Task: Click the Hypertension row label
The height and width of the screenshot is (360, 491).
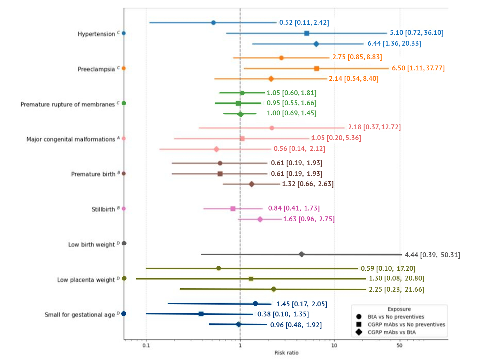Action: point(96,34)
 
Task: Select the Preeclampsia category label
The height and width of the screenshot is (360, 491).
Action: point(96,69)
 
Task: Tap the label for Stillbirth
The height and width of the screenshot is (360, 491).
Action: point(103,209)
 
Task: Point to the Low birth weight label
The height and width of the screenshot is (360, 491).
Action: point(91,244)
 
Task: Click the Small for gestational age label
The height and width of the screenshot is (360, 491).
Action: point(80,315)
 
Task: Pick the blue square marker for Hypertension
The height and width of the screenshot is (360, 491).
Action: point(307,33)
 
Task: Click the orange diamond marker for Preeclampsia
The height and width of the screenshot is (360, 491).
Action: point(271,79)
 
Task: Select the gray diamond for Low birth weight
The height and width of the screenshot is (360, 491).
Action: point(301,254)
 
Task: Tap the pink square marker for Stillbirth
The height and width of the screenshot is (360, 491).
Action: point(233,209)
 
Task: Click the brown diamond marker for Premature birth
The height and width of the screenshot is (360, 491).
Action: point(251,184)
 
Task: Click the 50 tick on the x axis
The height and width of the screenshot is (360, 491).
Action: point(399,345)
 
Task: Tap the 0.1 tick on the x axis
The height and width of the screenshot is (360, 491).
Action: point(146,345)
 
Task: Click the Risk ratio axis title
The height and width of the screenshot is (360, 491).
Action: point(286,353)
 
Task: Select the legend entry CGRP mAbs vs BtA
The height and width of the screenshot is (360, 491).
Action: point(391,332)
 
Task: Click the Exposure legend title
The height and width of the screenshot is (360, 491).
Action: point(399,309)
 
